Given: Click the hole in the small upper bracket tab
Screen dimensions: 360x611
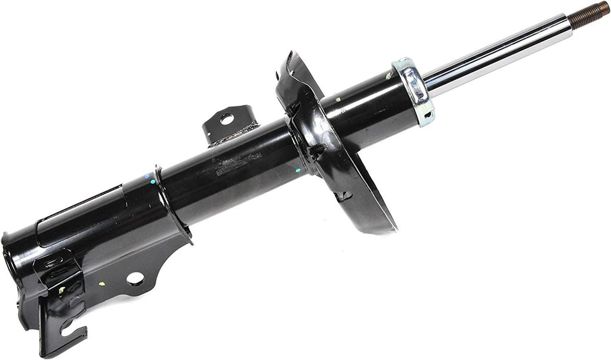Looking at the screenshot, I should [226, 119].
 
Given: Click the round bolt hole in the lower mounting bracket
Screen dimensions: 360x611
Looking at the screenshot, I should [135, 278].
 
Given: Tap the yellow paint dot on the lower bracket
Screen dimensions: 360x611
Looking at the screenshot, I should [101, 284].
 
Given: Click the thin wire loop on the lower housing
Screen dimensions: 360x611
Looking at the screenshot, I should [78, 206].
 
